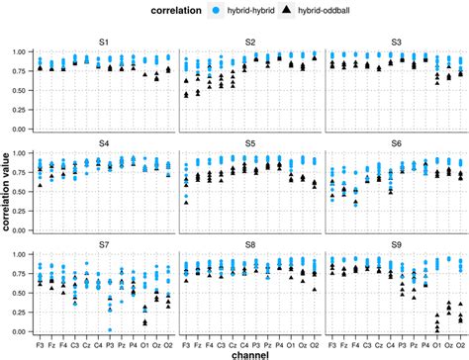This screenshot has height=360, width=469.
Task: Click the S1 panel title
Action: point(105,41)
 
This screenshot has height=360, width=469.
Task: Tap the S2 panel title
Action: point(250,41)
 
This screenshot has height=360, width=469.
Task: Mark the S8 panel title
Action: point(250,241)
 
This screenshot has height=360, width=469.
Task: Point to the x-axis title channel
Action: point(250,352)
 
